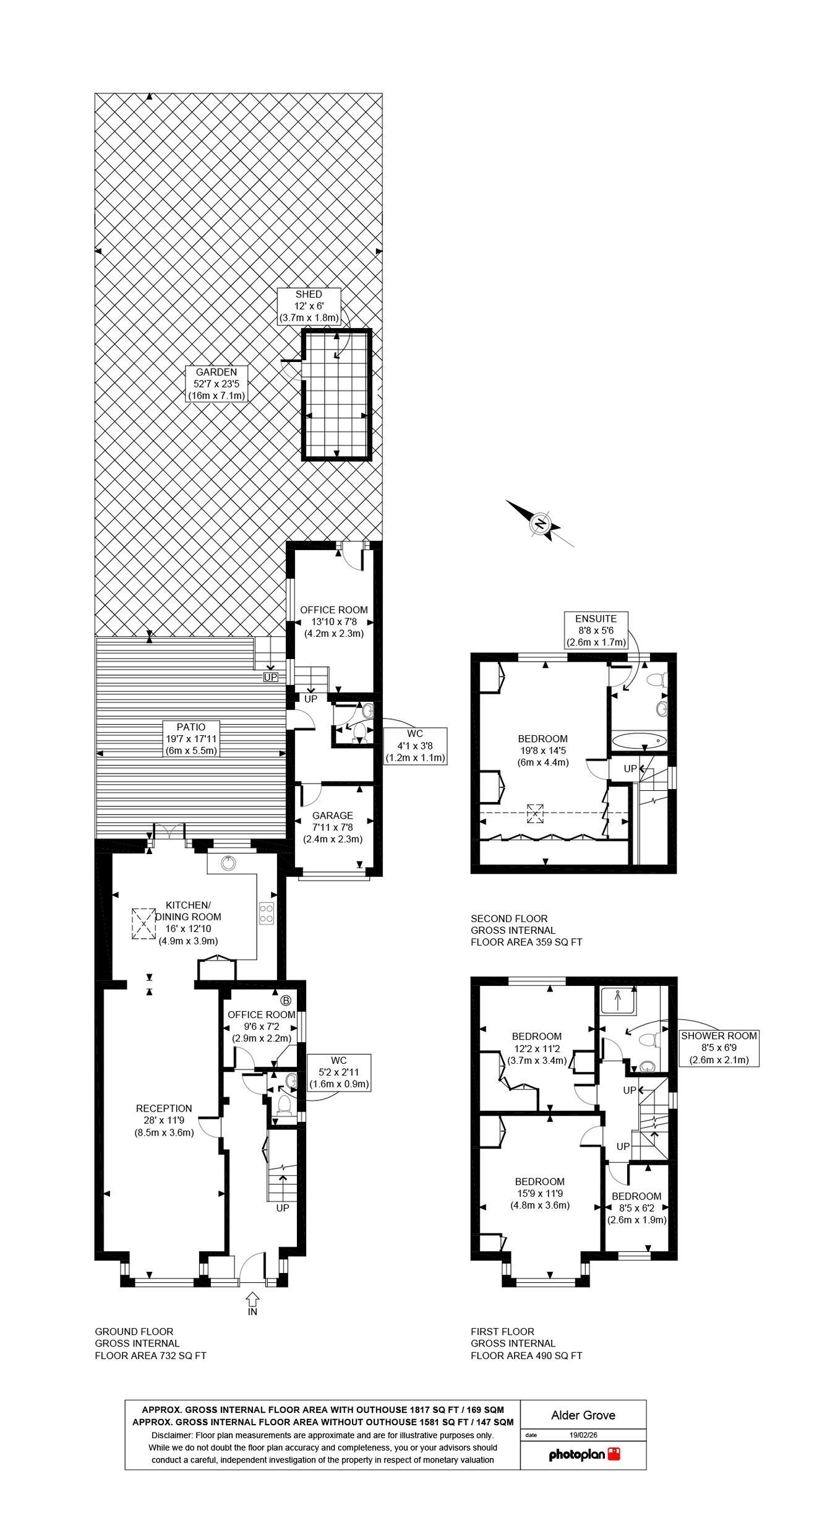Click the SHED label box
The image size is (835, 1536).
tap(309, 306)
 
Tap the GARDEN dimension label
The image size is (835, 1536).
tap(216, 384)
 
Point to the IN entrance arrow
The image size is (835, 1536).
tap(252, 1296)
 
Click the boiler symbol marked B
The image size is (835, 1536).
tap(286, 1000)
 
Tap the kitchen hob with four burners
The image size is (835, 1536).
tap(267, 914)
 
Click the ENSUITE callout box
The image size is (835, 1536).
tap(596, 629)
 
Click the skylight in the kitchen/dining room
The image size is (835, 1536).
tap(143, 923)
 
